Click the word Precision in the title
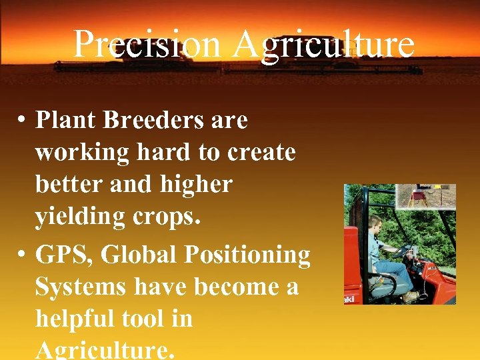click(x=146, y=45)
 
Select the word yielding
click(x=83, y=217)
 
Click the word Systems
click(x=81, y=287)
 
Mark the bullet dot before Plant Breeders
click(x=22, y=121)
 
